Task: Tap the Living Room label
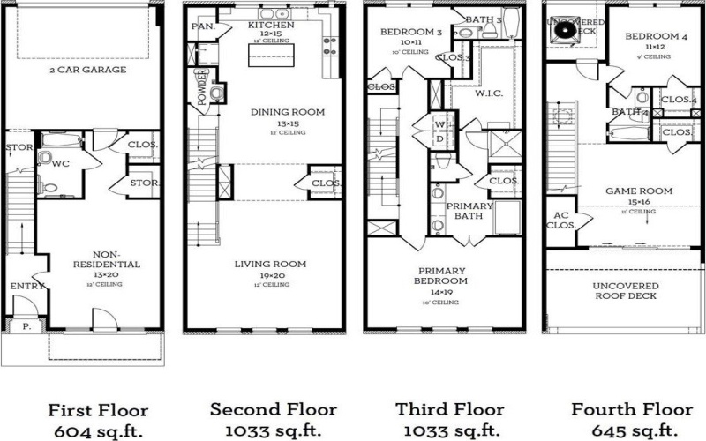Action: coord(270,264)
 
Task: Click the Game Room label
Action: coord(638,191)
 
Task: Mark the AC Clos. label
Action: coord(560,220)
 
